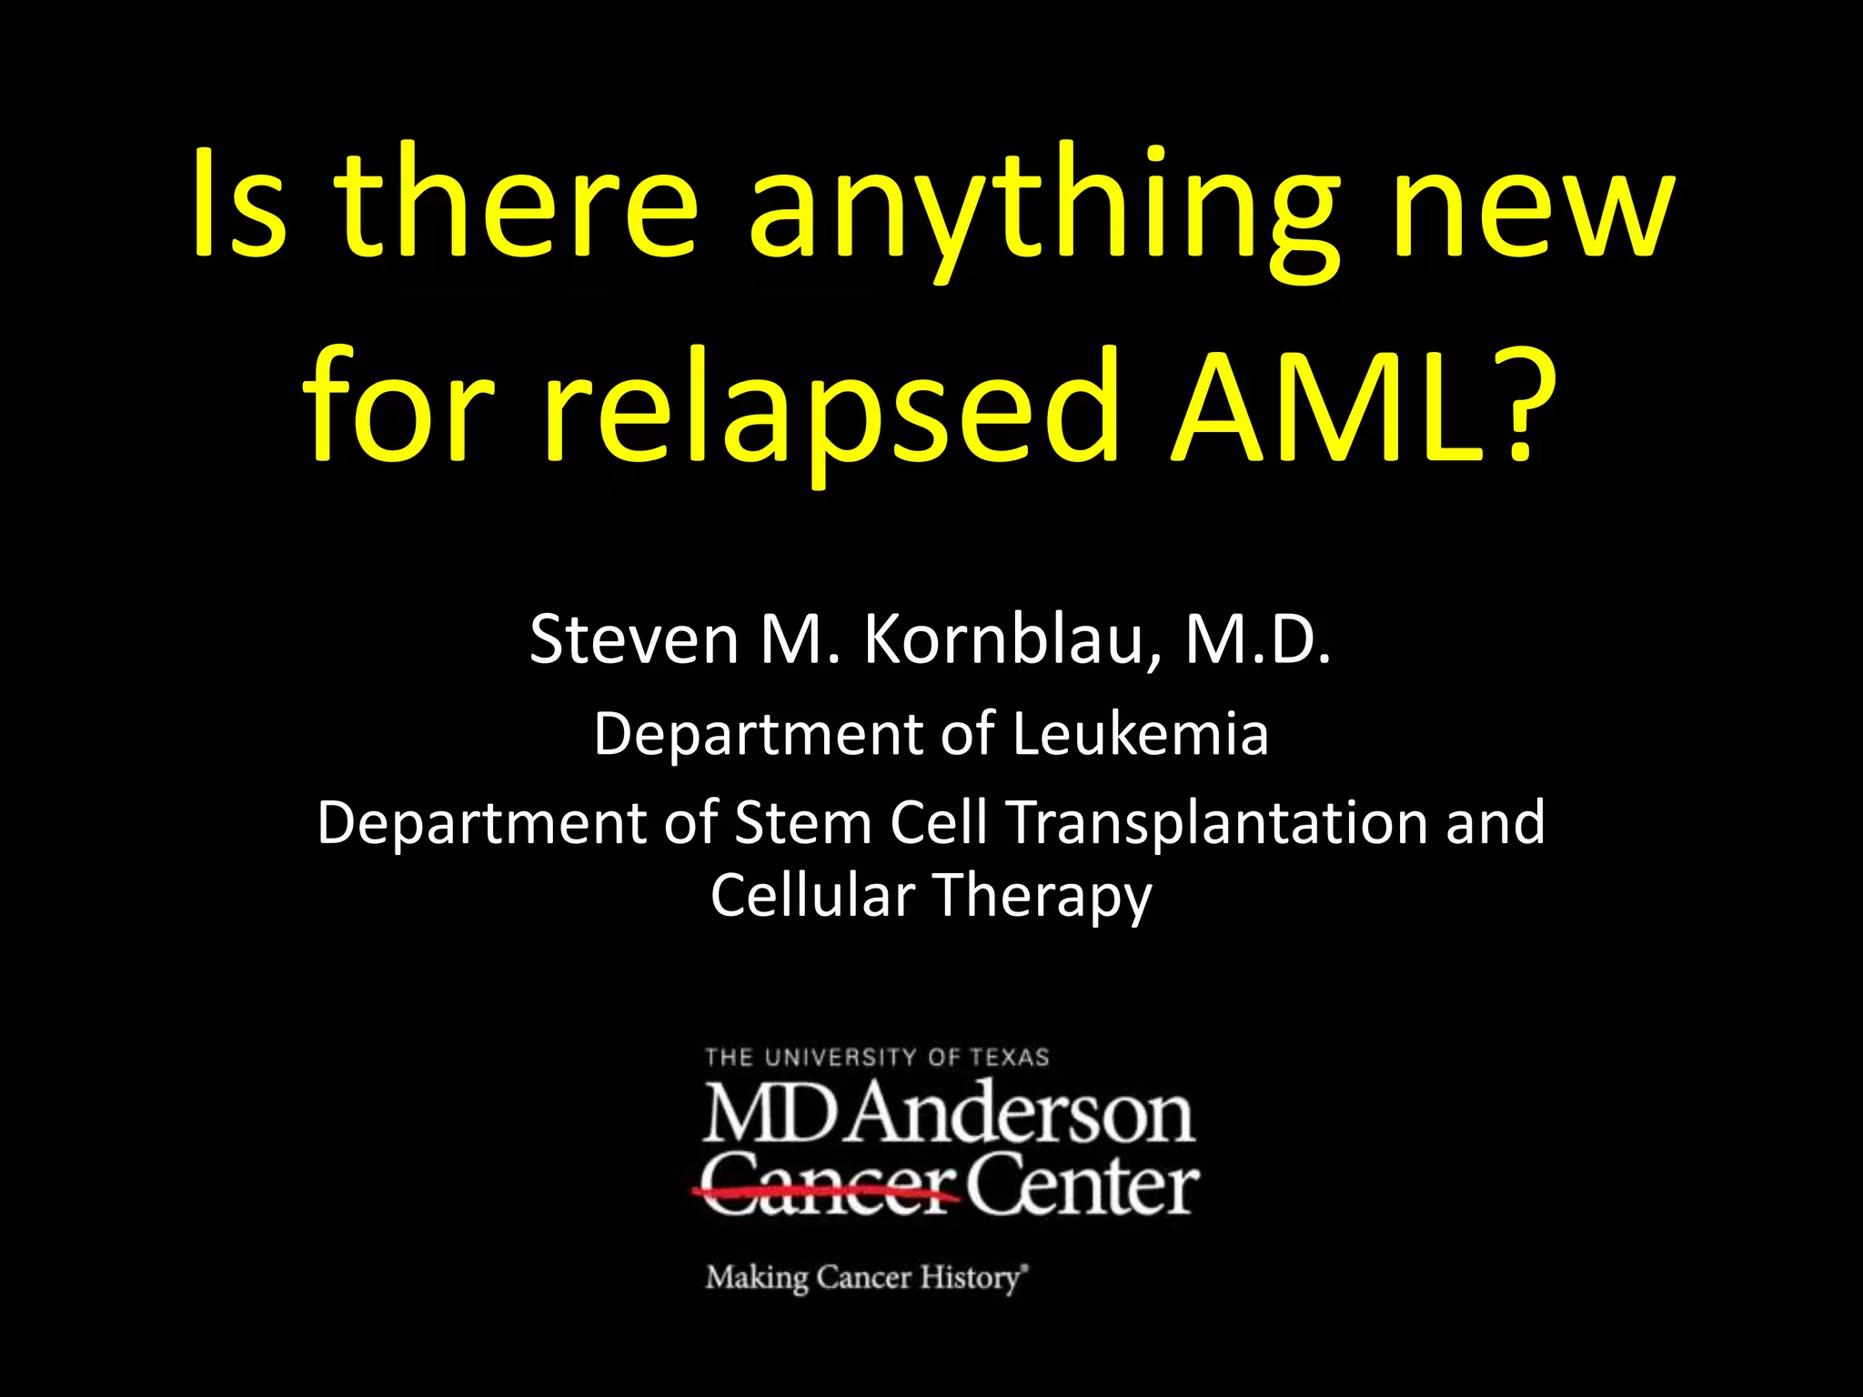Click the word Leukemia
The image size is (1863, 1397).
point(1140,734)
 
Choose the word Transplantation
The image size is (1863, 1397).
point(1218,822)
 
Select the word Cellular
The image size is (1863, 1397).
point(812,895)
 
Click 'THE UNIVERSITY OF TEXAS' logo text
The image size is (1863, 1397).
point(877,1058)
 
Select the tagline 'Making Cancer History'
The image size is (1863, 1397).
point(865,1278)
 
